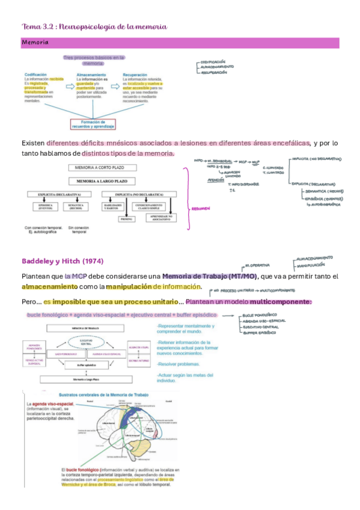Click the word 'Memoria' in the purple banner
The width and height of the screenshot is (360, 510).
coord(35,43)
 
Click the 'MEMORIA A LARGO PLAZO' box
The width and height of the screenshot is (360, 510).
coord(99,180)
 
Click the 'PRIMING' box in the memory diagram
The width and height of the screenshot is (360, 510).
coord(127,220)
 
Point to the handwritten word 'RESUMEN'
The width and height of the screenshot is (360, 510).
coord(200,209)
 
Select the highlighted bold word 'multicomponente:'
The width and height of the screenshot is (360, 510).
coord(281,301)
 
